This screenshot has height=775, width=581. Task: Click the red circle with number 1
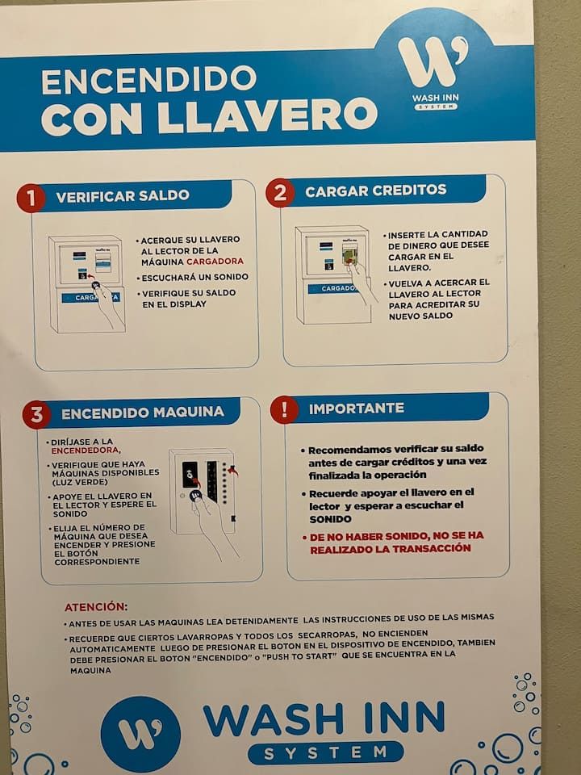[31, 199]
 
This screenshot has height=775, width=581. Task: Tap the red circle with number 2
[280, 193]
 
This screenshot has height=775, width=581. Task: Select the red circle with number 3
[36, 415]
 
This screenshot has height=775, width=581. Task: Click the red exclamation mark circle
[285, 410]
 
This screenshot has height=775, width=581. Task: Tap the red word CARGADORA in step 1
[215, 261]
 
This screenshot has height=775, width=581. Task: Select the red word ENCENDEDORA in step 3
[86, 450]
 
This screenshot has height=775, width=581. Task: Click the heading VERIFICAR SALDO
[123, 195]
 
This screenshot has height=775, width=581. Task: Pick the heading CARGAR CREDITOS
[375, 191]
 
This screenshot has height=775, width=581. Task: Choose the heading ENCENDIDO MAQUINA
[143, 413]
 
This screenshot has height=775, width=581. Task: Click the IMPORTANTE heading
[356, 408]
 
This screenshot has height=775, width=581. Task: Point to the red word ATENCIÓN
[96, 607]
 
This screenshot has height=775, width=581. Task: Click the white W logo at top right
[433, 62]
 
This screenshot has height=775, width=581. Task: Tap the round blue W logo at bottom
[140, 734]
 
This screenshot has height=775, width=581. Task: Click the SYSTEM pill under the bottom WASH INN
[325, 752]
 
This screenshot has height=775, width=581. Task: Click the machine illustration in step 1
[87, 284]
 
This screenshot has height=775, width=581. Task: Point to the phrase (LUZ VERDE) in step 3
[80, 483]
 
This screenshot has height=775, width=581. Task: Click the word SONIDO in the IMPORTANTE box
[331, 519]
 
